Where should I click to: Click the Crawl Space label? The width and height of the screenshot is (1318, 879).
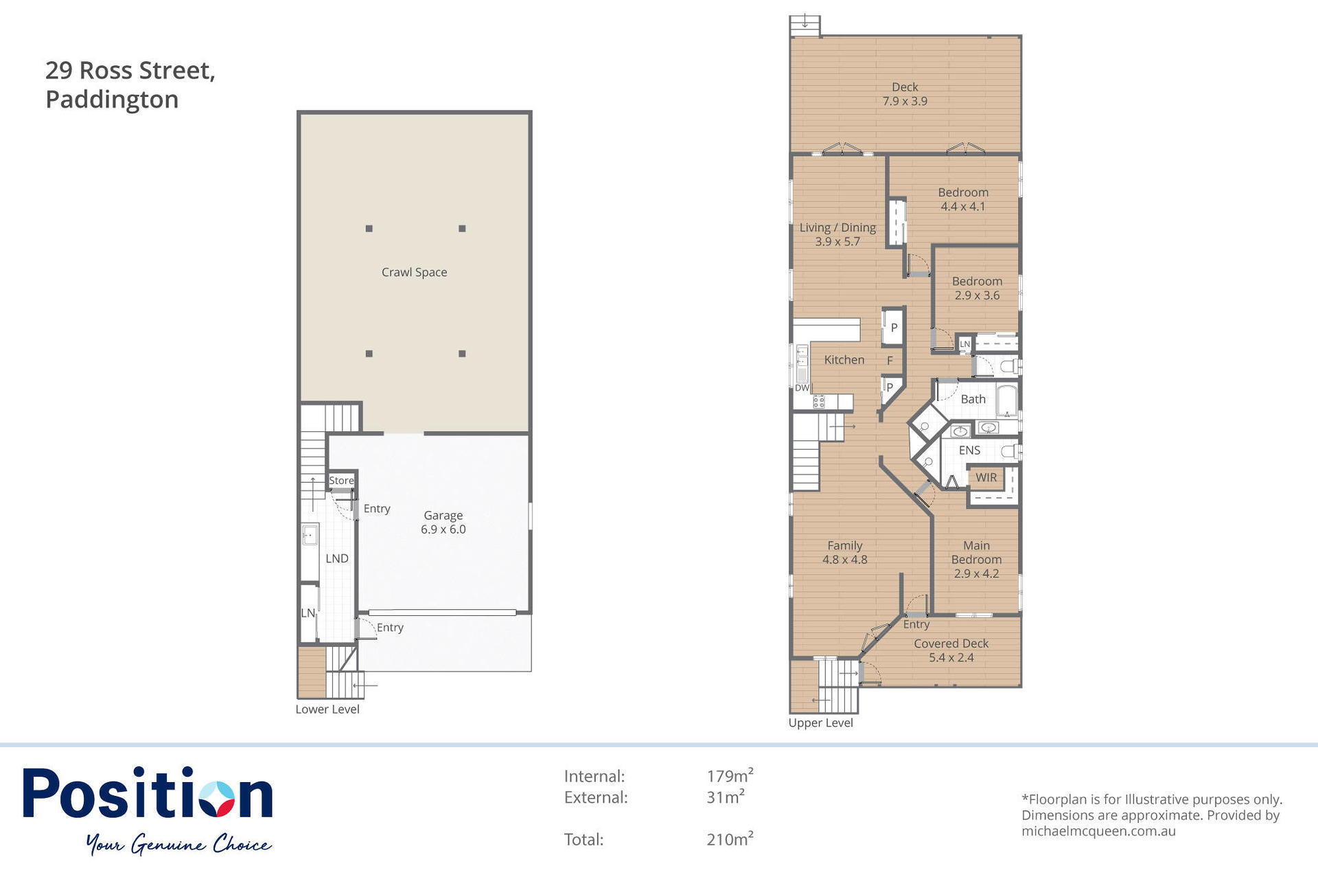(x=414, y=273)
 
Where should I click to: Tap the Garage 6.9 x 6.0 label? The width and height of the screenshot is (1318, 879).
(x=443, y=522)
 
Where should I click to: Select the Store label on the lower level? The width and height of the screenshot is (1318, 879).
(x=341, y=481)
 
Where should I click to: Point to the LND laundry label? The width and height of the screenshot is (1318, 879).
(x=337, y=558)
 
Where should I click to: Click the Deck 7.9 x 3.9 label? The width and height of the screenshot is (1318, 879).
(x=905, y=94)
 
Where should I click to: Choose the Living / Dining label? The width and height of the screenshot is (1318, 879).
(x=837, y=228)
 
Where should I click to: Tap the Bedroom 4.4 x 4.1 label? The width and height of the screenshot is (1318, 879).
(x=963, y=199)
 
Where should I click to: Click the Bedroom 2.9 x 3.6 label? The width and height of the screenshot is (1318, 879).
(x=977, y=288)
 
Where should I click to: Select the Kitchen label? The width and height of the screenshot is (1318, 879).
(x=844, y=360)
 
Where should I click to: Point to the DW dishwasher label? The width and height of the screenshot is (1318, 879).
(x=802, y=388)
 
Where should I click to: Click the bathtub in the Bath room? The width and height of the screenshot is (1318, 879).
(x=1006, y=401)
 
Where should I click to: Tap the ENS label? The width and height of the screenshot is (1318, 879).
(x=969, y=450)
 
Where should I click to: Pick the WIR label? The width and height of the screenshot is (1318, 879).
(x=986, y=477)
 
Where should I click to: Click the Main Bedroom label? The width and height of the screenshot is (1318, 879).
(x=976, y=553)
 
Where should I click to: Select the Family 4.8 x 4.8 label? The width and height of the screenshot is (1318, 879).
(x=845, y=553)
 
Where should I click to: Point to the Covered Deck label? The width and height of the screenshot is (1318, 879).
(x=951, y=643)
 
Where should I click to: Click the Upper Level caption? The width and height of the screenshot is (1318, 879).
(x=820, y=722)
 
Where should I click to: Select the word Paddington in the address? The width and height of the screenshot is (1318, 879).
(x=112, y=100)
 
